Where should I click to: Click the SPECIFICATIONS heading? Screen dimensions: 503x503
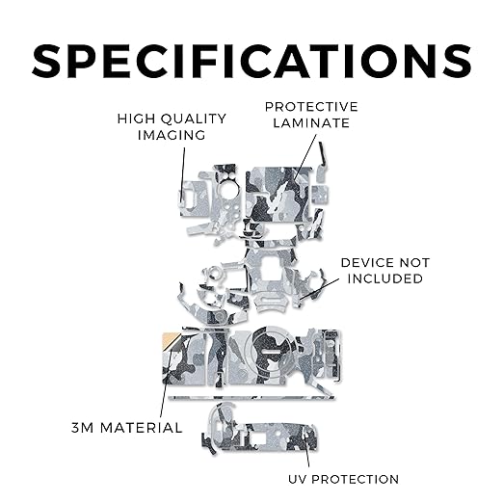pyautogui.click(x=251, y=61)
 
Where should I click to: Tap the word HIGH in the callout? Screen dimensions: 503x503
pyautogui.click(x=132, y=119)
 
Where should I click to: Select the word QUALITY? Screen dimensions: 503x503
pyautogui.click(x=194, y=119)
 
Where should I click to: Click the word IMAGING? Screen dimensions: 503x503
pyautogui.click(x=172, y=135)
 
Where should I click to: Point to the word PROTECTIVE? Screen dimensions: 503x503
pyautogui.click(x=311, y=107)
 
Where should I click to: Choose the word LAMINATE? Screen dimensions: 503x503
pyautogui.click(x=311, y=123)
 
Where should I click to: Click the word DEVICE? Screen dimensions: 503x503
pyautogui.click(x=369, y=263)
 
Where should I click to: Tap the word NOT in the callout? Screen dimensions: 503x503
pyautogui.click(x=415, y=263)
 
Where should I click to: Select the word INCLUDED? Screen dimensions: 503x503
pyautogui.click(x=385, y=278)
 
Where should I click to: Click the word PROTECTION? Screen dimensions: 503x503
pyautogui.click(x=356, y=479)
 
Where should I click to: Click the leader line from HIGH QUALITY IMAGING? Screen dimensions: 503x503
pyautogui.click(x=183, y=174)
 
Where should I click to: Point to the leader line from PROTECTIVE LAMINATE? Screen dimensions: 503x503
pyautogui.click(x=304, y=159)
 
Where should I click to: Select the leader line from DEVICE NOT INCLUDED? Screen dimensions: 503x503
pyautogui.click(x=319, y=289)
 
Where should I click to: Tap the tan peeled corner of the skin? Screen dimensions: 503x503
pyautogui.click(x=169, y=339)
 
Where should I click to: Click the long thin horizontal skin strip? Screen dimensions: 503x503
pyautogui.click(x=251, y=398)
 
